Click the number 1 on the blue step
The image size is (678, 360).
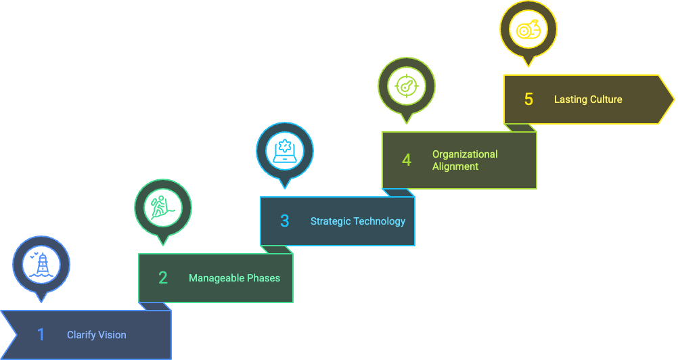tap(41, 334)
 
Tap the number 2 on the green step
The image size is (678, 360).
tap(162, 277)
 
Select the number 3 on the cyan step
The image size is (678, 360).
tap(284, 221)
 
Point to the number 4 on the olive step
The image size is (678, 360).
tap(406, 160)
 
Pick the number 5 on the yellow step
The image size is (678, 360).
tap(528, 99)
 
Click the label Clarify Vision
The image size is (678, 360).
tap(96, 334)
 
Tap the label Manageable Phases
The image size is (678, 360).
tap(234, 277)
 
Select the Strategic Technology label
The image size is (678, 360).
tap(358, 221)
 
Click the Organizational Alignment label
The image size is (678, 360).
tap(465, 160)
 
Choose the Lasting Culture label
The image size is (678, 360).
tap(588, 99)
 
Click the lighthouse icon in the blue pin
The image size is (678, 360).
tap(41, 264)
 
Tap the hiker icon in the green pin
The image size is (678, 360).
tap(163, 207)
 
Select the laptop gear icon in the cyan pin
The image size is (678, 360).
tap(285, 150)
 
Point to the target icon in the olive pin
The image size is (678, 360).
tap(406, 86)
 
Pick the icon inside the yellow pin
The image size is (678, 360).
tap(528, 29)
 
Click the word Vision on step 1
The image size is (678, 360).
tap(112, 334)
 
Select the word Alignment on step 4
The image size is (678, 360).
tap(455, 166)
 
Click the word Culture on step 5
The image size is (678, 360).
tap(606, 99)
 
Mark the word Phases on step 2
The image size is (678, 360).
tap(263, 277)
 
